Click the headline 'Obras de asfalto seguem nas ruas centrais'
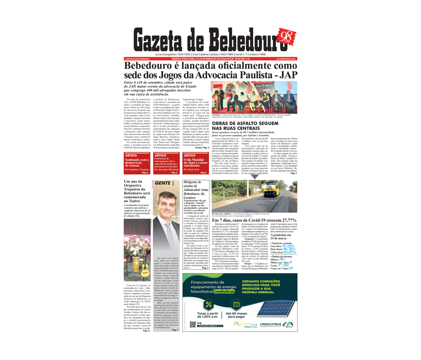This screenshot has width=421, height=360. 245,126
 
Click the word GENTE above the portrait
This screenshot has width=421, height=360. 163,183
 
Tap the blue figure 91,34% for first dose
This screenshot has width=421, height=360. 288,246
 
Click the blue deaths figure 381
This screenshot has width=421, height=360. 282,259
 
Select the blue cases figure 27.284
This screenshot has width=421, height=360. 283,265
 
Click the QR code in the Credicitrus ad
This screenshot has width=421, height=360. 193,324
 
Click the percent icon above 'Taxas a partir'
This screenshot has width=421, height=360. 209,304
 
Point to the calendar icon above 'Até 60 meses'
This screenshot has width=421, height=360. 236,304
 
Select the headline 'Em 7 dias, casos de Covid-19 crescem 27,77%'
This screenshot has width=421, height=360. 254,220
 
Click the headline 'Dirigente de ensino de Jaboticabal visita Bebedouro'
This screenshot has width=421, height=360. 196,189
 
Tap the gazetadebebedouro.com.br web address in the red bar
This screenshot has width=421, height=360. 286,59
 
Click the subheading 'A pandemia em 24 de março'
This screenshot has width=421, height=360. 280,237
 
